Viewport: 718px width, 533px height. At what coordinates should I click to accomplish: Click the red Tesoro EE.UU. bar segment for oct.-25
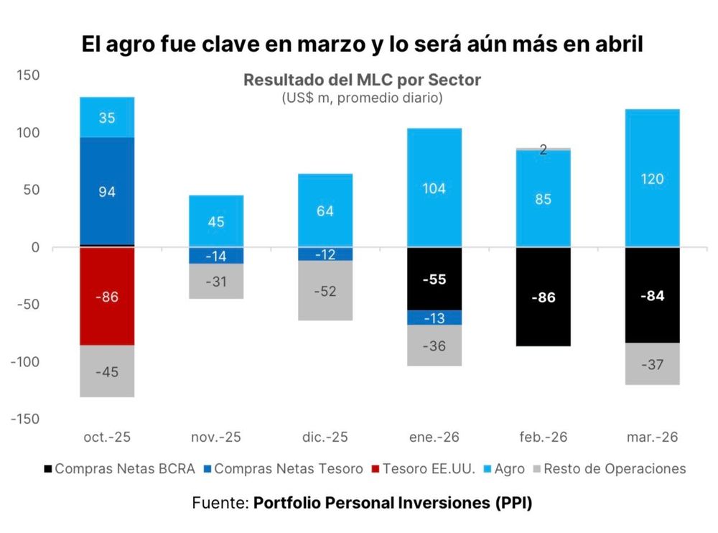coord(107,296)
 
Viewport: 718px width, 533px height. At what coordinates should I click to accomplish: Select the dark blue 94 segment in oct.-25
coord(107,191)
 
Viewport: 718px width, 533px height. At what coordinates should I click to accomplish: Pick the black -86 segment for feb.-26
coord(543,297)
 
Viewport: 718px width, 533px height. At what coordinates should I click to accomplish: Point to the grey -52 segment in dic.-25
coord(326,290)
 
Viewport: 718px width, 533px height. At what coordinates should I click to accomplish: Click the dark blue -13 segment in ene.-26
coord(434,318)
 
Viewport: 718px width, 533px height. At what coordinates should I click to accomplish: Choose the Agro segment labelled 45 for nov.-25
coord(217,221)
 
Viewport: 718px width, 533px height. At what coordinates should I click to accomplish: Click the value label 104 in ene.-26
coord(434,189)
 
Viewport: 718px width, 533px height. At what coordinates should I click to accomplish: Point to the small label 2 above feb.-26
coord(543,150)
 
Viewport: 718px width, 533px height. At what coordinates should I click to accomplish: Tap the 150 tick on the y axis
coord(26,75)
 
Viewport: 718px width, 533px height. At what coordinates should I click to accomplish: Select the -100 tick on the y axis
coord(23,361)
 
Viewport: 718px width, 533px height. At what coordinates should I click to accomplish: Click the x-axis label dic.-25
coord(325,437)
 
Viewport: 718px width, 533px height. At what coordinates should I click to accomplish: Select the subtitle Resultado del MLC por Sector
coord(362,80)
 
